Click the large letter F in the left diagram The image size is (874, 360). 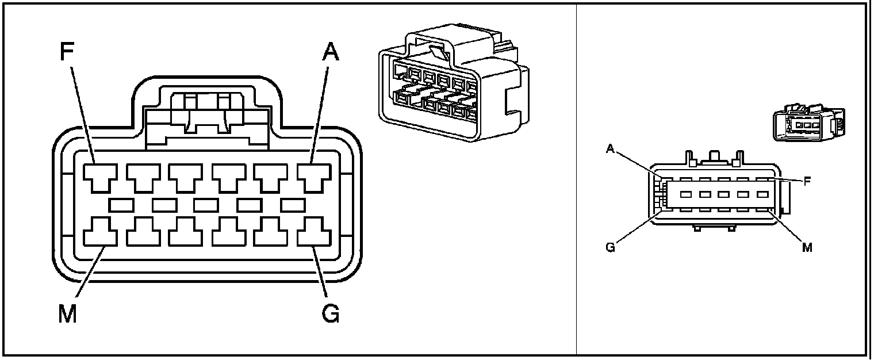(x=68, y=52)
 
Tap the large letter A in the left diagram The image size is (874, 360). (x=330, y=52)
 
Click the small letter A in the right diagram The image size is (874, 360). (x=611, y=149)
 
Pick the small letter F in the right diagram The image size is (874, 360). (x=807, y=181)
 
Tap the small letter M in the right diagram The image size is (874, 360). (x=807, y=248)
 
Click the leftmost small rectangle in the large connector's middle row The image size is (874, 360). (x=121, y=204)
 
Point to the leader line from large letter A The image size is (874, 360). (x=320, y=112)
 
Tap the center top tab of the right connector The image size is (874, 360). (x=714, y=156)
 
